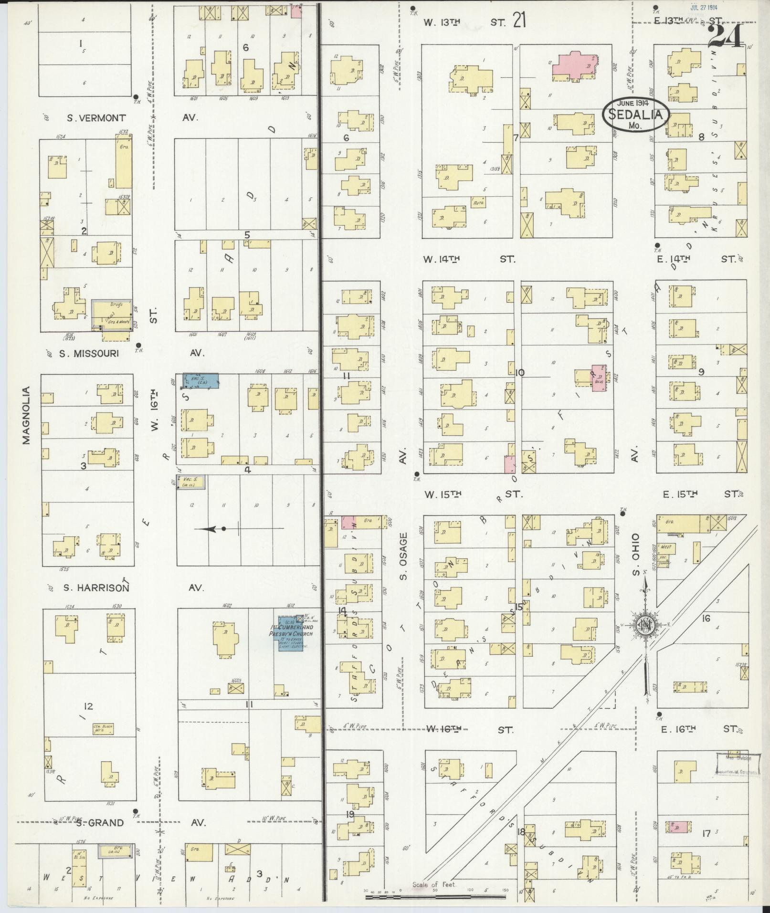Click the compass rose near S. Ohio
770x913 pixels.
point(645,628)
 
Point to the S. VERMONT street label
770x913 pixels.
point(97,118)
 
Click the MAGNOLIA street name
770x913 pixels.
point(26,415)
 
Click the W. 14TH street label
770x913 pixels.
point(441,259)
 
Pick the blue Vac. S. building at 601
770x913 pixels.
point(200,380)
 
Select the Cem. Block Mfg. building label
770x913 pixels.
point(103,729)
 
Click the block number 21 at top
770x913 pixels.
point(519,21)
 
